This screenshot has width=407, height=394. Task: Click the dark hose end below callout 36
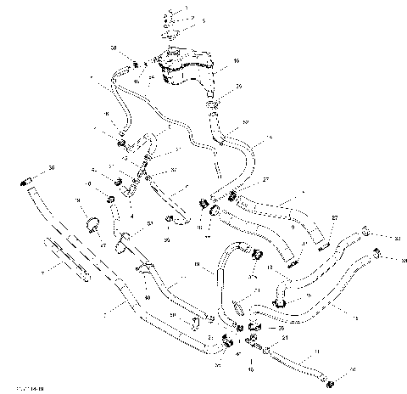point(25,182)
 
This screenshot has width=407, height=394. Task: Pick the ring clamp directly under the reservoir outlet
point(213,105)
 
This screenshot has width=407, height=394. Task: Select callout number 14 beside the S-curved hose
point(270,138)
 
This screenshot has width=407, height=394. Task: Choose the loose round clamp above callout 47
point(92,225)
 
